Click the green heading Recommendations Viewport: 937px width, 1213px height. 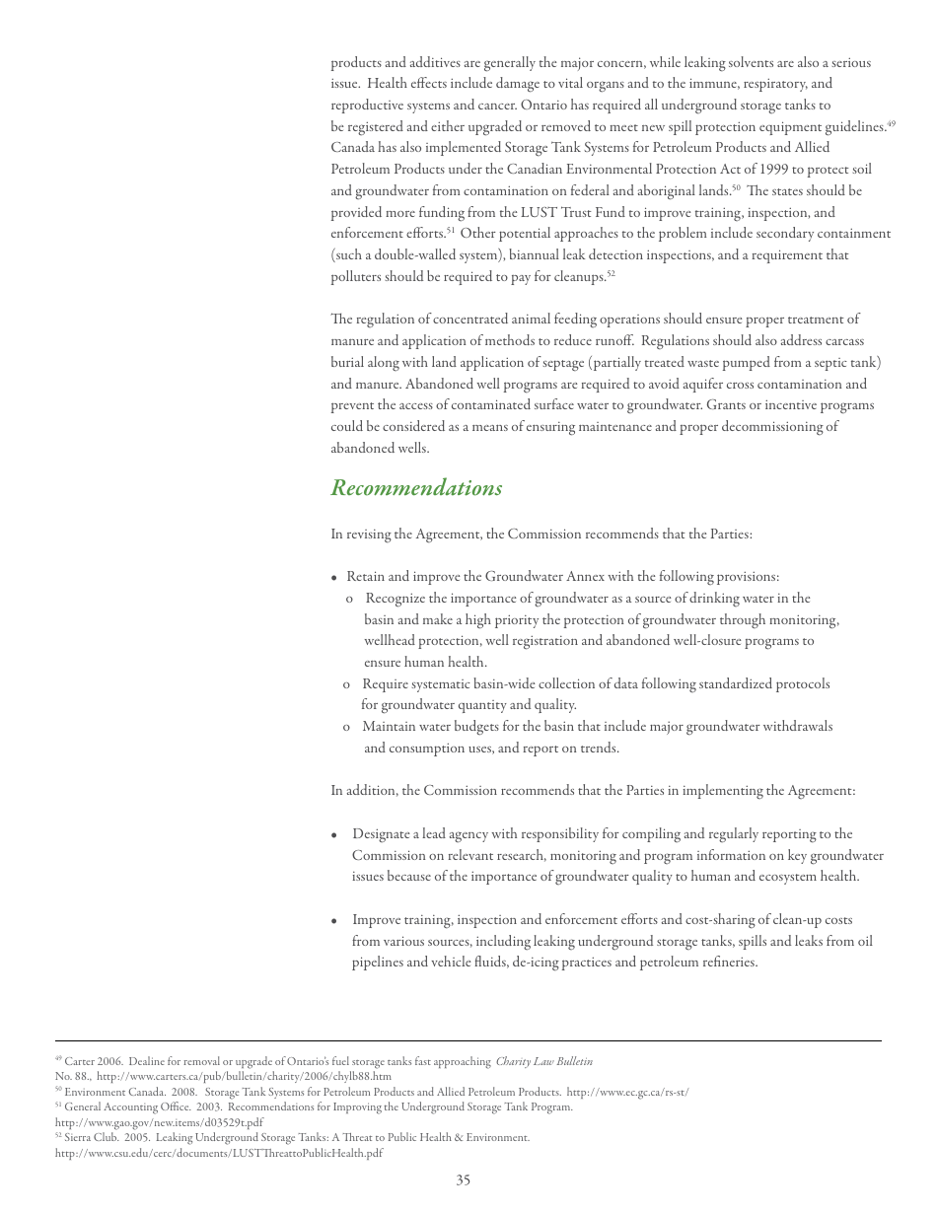416,488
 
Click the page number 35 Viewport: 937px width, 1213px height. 464,1180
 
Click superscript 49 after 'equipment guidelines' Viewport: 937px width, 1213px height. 891,123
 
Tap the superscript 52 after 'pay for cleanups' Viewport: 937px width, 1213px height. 612,273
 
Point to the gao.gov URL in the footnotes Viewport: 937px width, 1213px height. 159,1122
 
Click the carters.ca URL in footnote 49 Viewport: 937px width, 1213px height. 244,1077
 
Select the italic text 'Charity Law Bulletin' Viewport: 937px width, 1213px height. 543,1062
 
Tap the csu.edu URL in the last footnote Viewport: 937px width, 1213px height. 219,1153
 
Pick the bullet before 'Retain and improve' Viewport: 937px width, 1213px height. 335,578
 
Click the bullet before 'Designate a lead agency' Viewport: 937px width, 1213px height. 335,835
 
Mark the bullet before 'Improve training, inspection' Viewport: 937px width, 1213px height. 335,921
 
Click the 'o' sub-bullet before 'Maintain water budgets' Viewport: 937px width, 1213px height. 347,728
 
